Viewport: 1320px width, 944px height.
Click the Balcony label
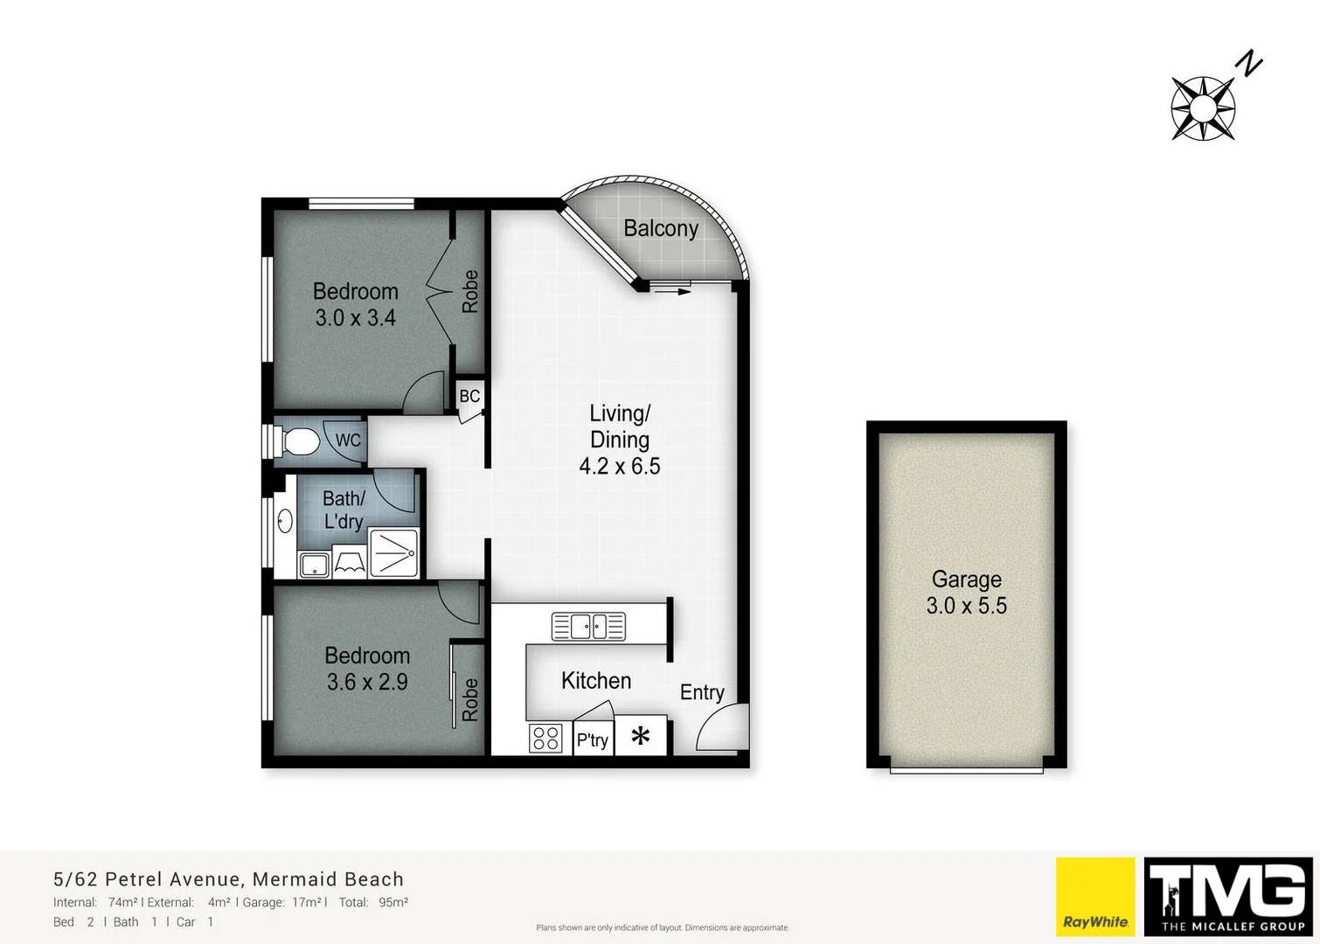click(660, 228)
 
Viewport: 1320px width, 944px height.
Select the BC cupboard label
click(469, 396)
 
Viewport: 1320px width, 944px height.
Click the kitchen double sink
click(588, 626)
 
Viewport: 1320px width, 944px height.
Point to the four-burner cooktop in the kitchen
click(545, 739)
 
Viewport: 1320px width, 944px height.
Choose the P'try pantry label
click(592, 740)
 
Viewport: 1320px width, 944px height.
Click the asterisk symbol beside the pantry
click(641, 736)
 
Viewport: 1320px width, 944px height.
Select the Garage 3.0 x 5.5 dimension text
click(966, 606)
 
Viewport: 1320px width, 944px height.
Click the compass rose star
click(1203, 108)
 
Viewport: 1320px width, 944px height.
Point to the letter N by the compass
click(1250, 64)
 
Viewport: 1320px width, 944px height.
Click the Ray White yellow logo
click(1095, 896)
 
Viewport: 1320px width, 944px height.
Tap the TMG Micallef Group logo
click(1228, 896)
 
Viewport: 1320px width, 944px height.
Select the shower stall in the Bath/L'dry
click(393, 552)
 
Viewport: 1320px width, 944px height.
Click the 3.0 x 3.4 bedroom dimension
click(355, 318)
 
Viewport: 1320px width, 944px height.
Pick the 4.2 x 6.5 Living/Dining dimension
click(619, 466)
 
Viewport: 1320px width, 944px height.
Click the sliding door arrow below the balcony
click(671, 291)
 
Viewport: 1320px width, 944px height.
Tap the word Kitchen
click(595, 681)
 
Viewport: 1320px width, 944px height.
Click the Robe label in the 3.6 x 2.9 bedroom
click(469, 699)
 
